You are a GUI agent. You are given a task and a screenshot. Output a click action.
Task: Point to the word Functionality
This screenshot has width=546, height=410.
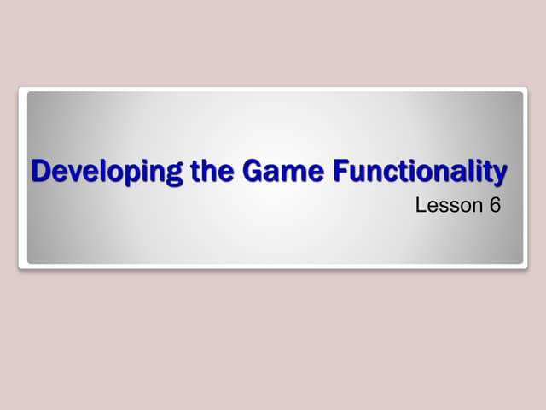click(420, 172)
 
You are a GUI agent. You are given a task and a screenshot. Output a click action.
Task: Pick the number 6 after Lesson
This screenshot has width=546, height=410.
click(496, 205)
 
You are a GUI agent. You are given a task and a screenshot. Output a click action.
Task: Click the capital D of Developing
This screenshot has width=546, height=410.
click(40, 171)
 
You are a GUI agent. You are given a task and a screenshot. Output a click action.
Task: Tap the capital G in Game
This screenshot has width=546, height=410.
click(253, 171)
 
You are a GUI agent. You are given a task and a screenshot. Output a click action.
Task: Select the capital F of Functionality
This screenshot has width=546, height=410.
click(340, 171)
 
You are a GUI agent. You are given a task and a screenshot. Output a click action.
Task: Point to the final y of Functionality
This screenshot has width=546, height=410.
click(499, 174)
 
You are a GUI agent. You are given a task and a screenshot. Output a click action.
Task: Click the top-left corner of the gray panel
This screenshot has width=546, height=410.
click(28, 92)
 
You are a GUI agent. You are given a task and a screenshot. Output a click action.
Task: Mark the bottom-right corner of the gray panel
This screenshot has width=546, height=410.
click(522, 263)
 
